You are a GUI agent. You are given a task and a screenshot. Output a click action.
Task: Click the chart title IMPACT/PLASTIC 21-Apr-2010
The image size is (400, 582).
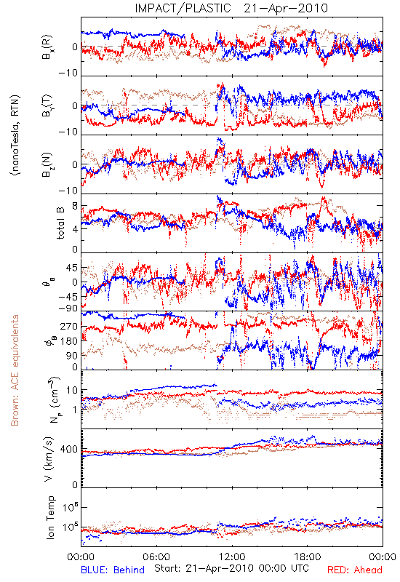coord(231,8)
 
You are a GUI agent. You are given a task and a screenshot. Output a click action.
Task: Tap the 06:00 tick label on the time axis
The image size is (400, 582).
coord(156,557)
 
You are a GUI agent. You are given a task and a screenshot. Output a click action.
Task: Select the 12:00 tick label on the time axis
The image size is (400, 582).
coord(232,557)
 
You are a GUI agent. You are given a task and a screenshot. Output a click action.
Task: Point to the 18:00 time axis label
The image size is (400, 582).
coord(308,557)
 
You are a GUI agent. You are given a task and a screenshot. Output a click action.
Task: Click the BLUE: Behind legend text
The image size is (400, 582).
coord(113,570)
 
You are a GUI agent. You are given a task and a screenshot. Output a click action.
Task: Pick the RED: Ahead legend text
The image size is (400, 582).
coord(354,570)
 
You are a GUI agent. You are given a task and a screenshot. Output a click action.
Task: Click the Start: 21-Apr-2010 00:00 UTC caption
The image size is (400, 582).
coord(231,568)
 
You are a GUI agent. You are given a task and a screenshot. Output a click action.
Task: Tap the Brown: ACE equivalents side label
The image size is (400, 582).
coord(15,370)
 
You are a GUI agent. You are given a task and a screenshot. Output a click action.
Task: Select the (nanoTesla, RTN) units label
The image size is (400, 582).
coord(15,135)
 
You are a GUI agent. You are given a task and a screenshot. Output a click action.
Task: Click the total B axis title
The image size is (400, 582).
coord(60,223)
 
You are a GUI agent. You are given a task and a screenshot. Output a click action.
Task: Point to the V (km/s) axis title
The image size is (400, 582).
coord(49,459)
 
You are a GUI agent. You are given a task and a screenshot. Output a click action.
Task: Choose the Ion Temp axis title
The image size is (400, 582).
coord(50,517)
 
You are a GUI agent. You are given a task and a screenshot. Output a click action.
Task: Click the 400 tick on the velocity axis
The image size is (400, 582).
coord(68,449)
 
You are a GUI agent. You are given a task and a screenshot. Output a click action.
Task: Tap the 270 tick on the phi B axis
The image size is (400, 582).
coord(69,326)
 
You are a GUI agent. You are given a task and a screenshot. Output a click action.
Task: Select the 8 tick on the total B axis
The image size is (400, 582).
coord(75,207)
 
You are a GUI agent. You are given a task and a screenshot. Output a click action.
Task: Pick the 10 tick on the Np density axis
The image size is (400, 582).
coord(72,391)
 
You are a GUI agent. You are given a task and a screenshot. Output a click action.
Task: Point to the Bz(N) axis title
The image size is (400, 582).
coord(47,165)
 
